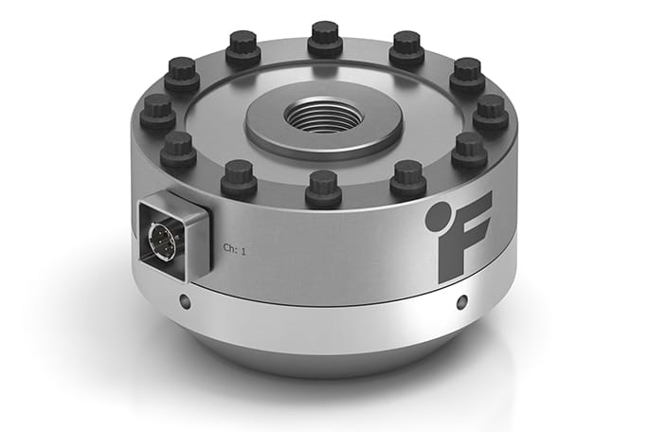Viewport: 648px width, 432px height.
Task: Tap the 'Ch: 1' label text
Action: (x=234, y=248)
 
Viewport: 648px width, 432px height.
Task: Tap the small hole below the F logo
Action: (x=461, y=303)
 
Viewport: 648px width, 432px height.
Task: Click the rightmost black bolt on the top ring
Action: (x=490, y=111)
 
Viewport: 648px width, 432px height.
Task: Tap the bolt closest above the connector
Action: (x=178, y=150)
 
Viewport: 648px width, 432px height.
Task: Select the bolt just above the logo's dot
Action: (x=408, y=177)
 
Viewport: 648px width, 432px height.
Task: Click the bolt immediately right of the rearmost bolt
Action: (x=406, y=47)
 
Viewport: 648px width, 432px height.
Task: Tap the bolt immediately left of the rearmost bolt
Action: (x=243, y=49)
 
